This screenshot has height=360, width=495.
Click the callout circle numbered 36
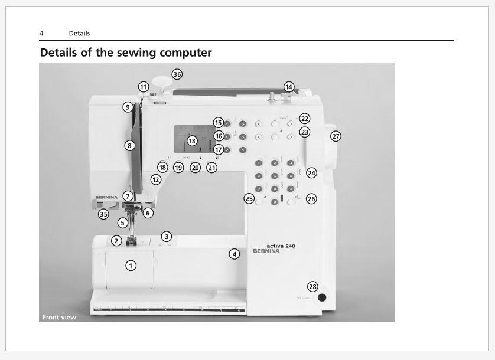pyautogui.click(x=177, y=74)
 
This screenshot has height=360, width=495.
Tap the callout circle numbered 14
pyautogui.click(x=288, y=87)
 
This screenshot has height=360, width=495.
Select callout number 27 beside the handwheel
pyautogui.click(x=336, y=136)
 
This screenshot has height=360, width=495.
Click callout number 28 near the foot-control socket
pyautogui.click(x=312, y=286)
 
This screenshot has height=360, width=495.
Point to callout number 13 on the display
pyautogui.click(x=192, y=141)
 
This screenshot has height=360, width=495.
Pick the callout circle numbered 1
pyautogui.click(x=131, y=266)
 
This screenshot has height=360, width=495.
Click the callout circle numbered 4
pyautogui.click(x=235, y=254)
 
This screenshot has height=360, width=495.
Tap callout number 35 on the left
pyautogui.click(x=103, y=214)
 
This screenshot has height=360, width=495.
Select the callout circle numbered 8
pyautogui.click(x=129, y=145)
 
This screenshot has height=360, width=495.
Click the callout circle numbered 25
pyautogui.click(x=249, y=199)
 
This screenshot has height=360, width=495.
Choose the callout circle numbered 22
pyautogui.click(x=304, y=119)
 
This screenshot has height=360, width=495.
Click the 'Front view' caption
pyautogui.click(x=59, y=317)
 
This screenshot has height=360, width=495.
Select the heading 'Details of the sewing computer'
pyautogui.click(x=125, y=53)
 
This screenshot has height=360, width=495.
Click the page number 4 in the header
pyautogui.click(x=41, y=33)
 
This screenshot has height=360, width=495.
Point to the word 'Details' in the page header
pyautogui.click(x=79, y=33)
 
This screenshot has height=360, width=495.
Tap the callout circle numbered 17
pyautogui.click(x=219, y=149)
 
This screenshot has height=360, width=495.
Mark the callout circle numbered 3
pyautogui.click(x=167, y=236)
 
